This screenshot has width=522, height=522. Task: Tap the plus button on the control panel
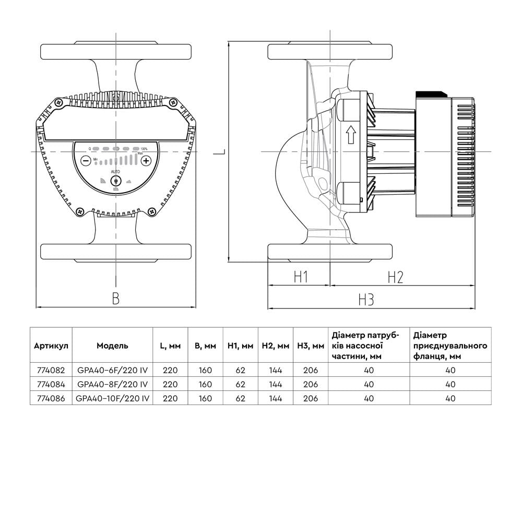coord(146,161)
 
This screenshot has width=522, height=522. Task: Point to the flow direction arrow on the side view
coord(351,136)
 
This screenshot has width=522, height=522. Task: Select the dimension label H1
coord(299,277)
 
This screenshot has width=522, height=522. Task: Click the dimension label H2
coord(395,277)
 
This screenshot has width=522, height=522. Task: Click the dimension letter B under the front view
coord(116,298)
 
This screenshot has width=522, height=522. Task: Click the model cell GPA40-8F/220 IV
coord(113,384)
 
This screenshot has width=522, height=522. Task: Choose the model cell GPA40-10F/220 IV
coord(113,398)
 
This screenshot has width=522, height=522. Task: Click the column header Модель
coord(112,346)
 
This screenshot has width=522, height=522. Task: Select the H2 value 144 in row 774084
coord(275,384)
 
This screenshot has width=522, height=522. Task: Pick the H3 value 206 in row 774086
coord(310,398)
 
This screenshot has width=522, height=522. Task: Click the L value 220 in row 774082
coord(170,370)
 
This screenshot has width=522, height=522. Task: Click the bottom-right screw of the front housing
coord(152,211)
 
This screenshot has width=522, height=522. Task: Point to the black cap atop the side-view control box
coord(431,94)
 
